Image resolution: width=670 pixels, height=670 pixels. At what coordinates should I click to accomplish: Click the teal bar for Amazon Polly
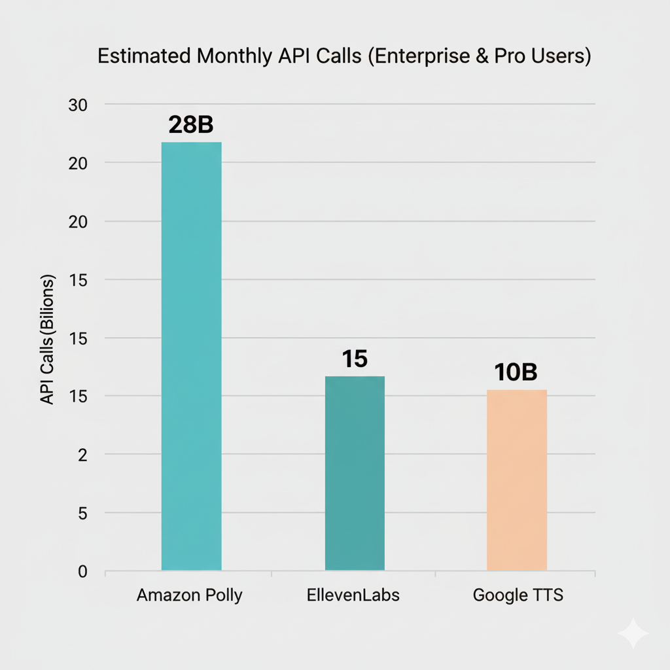pyautogui.click(x=191, y=356)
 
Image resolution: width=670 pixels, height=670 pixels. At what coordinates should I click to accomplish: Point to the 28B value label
pyautogui.click(x=191, y=125)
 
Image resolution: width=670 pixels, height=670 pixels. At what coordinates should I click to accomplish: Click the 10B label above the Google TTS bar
pyautogui.click(x=516, y=372)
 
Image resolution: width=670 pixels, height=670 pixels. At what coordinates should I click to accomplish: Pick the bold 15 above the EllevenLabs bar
pyautogui.click(x=355, y=359)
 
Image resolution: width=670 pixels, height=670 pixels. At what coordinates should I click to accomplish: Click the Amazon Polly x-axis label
pyautogui.click(x=190, y=595)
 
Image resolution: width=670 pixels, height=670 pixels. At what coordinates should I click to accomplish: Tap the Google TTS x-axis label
pyautogui.click(x=518, y=595)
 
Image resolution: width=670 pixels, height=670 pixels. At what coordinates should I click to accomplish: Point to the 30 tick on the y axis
pyautogui.click(x=77, y=105)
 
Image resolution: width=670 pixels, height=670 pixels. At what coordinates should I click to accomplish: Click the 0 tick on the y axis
pyautogui.click(x=82, y=572)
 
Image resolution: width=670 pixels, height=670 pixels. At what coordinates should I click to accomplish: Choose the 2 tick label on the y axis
pyautogui.click(x=82, y=455)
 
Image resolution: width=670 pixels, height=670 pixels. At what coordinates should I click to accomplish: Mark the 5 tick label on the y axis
pyautogui.click(x=82, y=514)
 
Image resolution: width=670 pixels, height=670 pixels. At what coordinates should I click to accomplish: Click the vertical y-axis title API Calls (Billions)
pyautogui.click(x=47, y=339)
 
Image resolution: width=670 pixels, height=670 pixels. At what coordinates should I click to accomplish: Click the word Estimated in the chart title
pyautogui.click(x=143, y=56)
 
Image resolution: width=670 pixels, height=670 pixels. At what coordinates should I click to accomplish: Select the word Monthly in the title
pyautogui.click(x=232, y=56)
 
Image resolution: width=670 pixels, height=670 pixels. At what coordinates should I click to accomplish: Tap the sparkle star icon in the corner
pyautogui.click(x=633, y=633)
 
